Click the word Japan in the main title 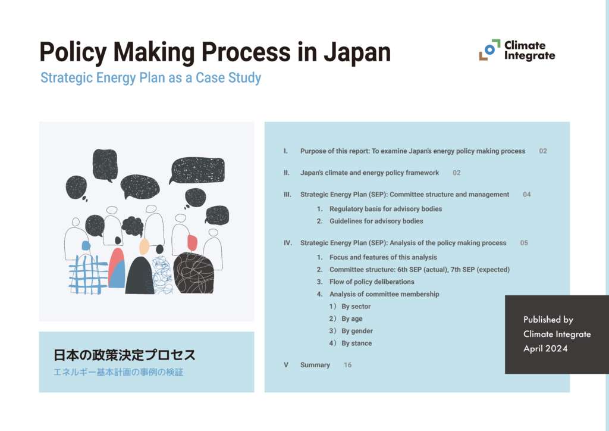coord(357,52)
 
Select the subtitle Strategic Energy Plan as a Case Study coord(150,78)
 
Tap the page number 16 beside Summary coord(347,365)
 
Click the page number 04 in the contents coord(526,195)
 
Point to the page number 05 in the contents coord(523,243)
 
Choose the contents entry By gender coord(357,331)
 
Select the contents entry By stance coord(356,343)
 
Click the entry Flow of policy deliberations coord(372,282)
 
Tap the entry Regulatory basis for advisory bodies coord(385,209)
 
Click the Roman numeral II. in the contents coord(287,173)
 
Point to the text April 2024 coord(545,349)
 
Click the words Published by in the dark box coord(548,320)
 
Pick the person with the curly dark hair coord(137,262)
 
